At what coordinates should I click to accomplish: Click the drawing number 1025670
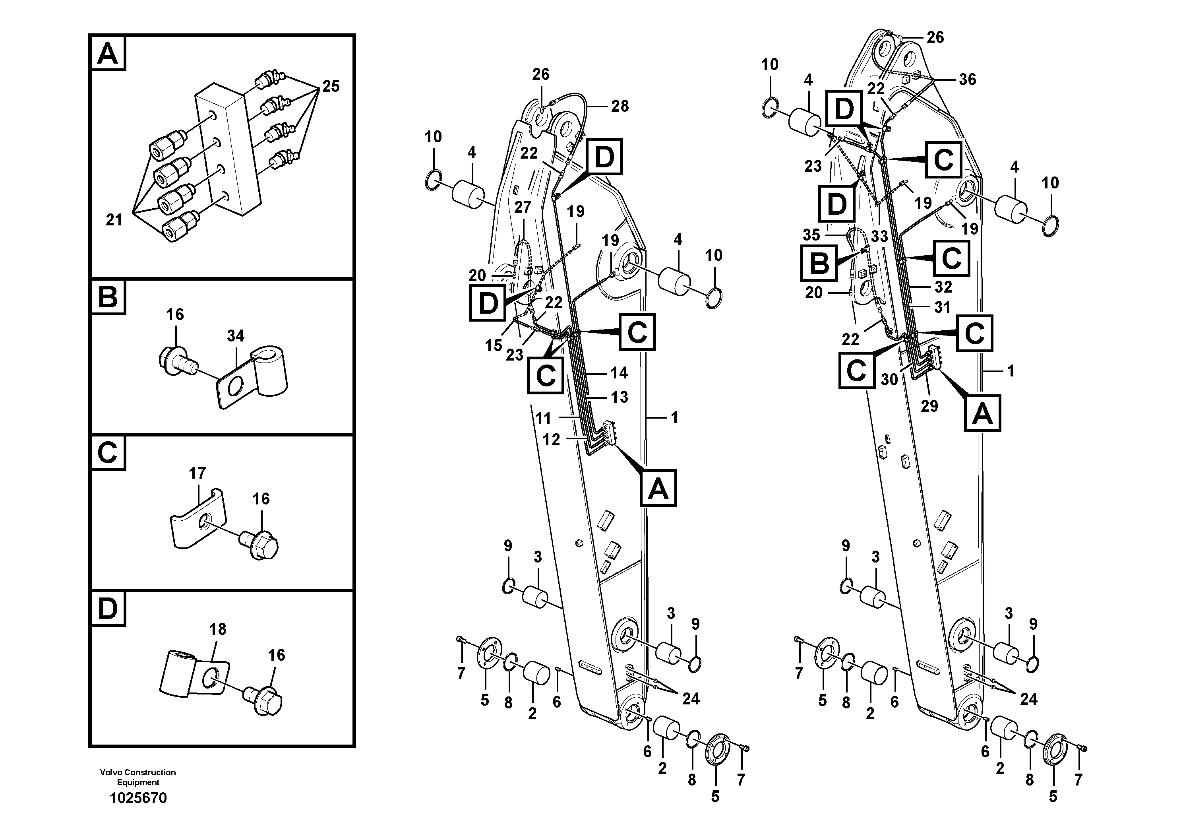[x=138, y=798]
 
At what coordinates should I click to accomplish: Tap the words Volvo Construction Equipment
[x=138, y=777]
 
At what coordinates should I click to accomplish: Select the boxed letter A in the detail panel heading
[x=108, y=54]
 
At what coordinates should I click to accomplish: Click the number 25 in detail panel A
[x=330, y=86]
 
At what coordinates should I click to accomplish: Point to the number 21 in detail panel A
[x=114, y=220]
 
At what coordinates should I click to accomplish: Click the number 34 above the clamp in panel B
[x=236, y=336]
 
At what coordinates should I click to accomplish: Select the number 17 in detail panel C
[x=197, y=473]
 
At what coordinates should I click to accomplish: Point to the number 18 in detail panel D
[x=217, y=629]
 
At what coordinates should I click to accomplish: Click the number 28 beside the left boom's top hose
[x=620, y=106]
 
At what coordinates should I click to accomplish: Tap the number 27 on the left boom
[x=523, y=207]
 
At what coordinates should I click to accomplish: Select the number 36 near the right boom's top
[x=967, y=80]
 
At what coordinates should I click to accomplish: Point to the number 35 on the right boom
[x=811, y=235]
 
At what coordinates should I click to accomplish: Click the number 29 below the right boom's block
[x=929, y=406]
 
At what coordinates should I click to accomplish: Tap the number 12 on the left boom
[x=551, y=440]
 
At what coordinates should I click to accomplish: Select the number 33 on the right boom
[x=879, y=236]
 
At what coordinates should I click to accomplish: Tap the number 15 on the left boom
[x=493, y=345]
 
